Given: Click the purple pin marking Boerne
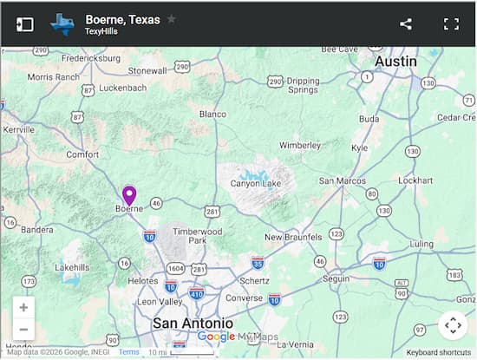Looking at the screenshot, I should coord(129,195).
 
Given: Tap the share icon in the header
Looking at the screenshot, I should coord(406,24).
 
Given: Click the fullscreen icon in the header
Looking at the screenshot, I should coord(451,24).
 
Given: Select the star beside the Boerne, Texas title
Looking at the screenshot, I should coord(172,18).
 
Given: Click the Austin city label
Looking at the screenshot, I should coord(395,62).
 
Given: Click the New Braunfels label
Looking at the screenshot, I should coord(293,237).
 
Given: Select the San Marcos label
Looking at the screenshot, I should coord(340,180).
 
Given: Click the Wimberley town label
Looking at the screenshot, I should coord(301,145).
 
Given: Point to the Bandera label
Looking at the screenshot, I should coord(36,230).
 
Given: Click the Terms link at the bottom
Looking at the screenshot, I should coord(128,352).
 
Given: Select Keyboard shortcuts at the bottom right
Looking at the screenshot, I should coord(439,352).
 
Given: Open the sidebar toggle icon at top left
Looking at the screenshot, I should coord(25,24).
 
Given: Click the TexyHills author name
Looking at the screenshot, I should coord(101,31).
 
